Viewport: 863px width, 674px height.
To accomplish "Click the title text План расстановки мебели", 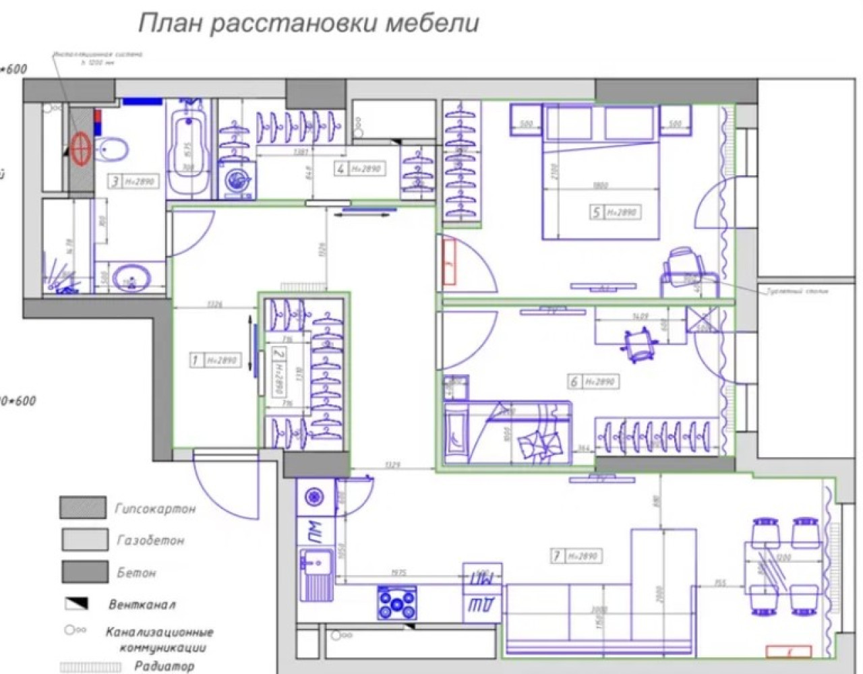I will [309, 23].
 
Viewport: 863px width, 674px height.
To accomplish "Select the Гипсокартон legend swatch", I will [82, 508].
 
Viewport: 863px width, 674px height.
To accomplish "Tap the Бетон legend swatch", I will [84, 572].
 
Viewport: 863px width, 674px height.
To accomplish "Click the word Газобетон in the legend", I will [150, 541].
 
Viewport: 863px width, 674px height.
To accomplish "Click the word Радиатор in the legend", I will [164, 667].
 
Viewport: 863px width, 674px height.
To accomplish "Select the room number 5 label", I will [596, 212].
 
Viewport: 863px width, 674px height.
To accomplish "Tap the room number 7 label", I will [557, 556].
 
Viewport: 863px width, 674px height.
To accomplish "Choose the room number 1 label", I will [196, 361].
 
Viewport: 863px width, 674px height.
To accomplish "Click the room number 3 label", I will [116, 181].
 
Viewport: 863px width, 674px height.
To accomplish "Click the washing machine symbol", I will [237, 181].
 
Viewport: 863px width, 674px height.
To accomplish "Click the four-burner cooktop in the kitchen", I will [397, 603].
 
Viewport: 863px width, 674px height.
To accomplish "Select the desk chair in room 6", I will [637, 344].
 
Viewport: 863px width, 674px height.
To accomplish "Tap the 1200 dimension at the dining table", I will [782, 559].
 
